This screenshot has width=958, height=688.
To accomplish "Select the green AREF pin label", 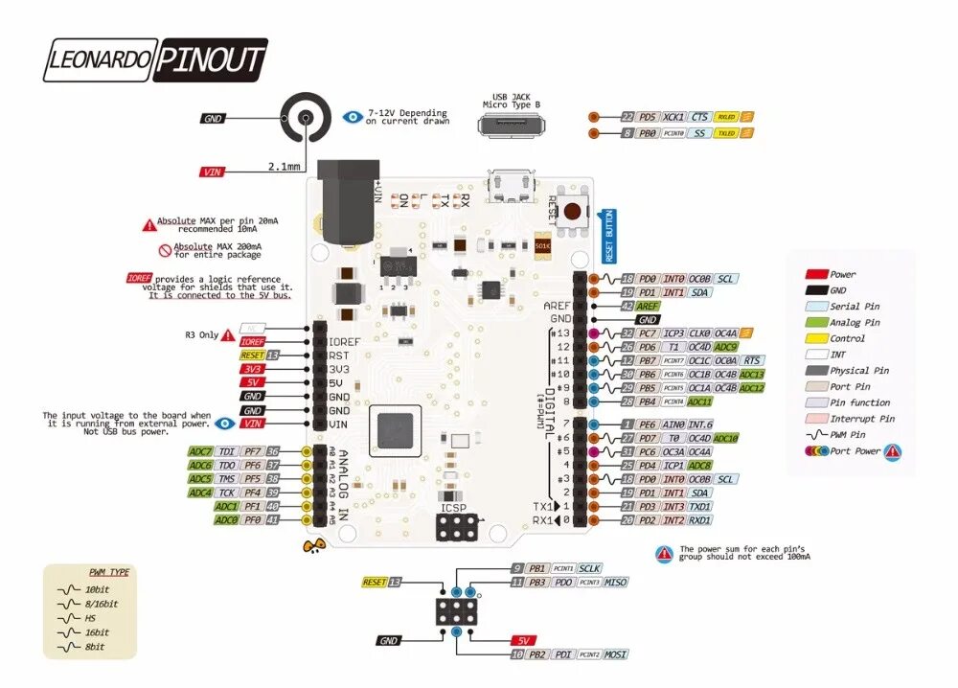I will (648, 305).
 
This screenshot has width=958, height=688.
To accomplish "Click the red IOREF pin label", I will (253, 341).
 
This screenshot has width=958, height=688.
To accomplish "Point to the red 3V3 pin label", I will (253, 368).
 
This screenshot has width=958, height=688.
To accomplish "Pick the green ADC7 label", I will (200, 451).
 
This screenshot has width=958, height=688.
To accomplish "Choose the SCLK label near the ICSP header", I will (589, 568).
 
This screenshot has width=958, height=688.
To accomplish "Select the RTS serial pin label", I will (752, 360).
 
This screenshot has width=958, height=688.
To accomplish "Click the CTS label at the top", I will (699, 116).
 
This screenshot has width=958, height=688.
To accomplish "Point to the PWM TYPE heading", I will (109, 572).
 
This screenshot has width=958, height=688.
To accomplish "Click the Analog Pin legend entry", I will (853, 323).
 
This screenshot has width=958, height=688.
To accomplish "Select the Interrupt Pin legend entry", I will (861, 419).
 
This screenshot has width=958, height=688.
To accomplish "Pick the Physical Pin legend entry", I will (858, 371).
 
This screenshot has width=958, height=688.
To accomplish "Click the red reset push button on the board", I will (575, 212).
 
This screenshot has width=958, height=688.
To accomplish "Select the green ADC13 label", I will (752, 374).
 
